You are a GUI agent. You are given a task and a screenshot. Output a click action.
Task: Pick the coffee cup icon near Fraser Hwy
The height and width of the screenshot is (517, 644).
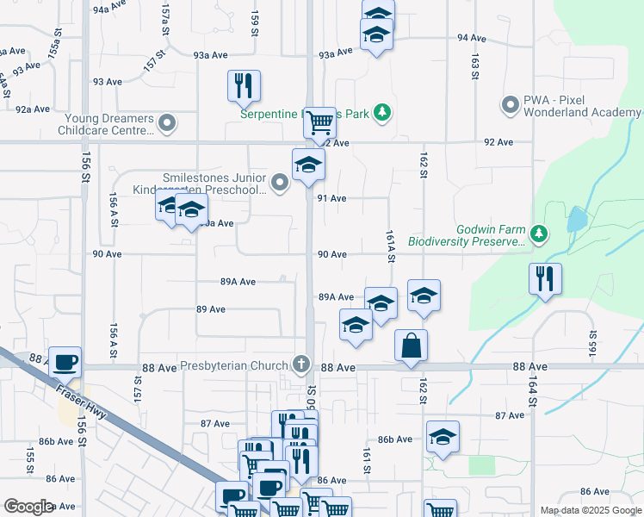coord(65,362)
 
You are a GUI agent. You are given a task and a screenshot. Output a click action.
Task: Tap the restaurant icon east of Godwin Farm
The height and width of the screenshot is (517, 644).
coord(545,278)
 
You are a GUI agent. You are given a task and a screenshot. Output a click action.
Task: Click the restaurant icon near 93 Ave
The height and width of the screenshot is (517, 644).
coord(244,85)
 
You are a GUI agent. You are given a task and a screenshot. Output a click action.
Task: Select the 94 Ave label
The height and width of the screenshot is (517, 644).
coord(473,39)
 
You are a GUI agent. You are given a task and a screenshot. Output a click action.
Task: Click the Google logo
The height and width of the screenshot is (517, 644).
coord(28,507)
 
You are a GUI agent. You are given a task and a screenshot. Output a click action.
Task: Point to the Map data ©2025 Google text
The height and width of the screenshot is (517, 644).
coord(591,510)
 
